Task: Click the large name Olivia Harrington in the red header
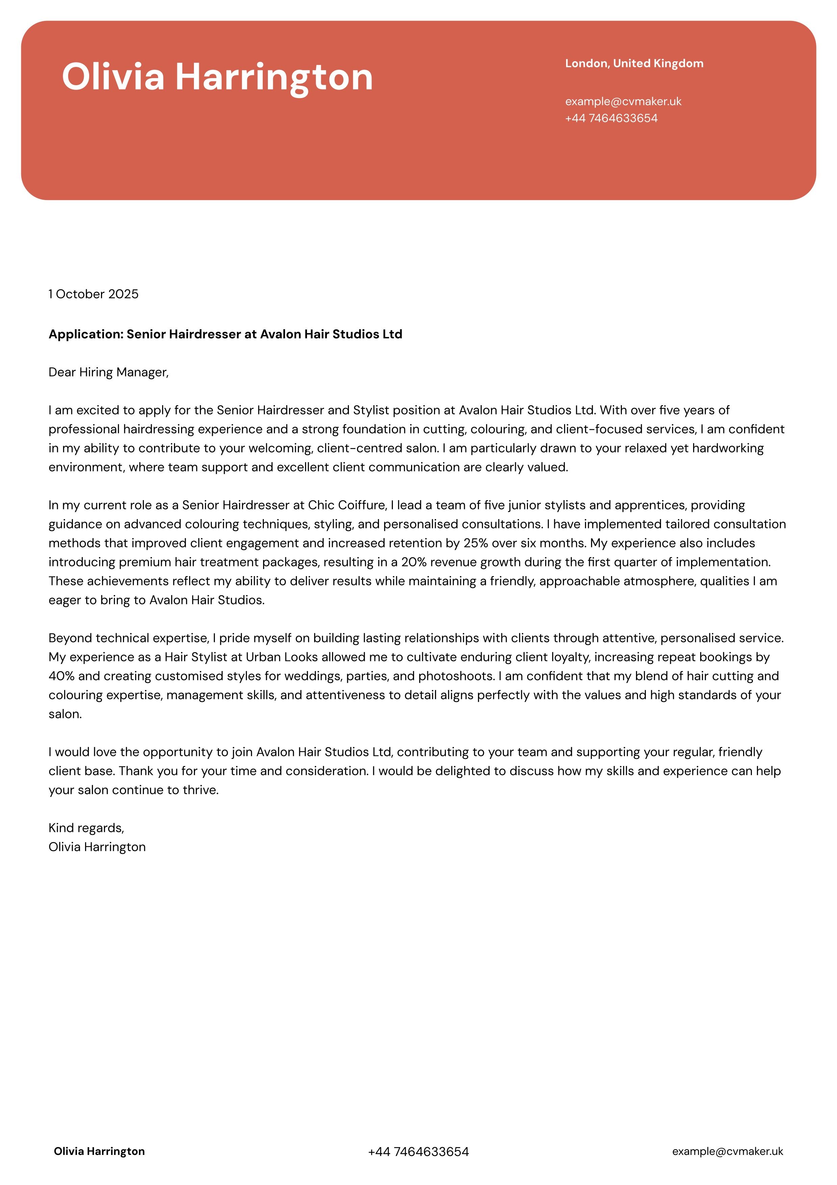[217, 77]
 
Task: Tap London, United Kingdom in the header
[634, 64]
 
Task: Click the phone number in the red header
[611, 118]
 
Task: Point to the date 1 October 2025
[94, 294]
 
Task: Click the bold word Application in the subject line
[86, 335]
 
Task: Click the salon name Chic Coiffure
[347, 505]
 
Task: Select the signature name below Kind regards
[97, 847]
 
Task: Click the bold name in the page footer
[99, 1152]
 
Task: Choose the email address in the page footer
[727, 1152]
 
